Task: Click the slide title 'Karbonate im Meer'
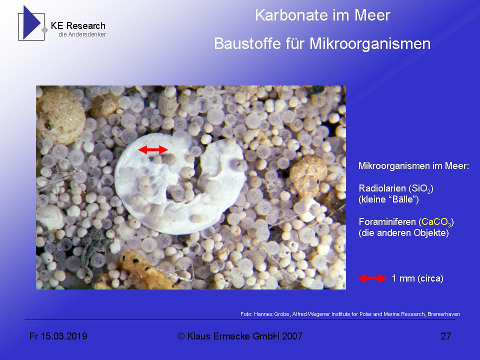322,15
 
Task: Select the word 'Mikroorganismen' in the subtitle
370,44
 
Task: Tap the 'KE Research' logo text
78,26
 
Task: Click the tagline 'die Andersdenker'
82,34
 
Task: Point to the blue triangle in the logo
31,22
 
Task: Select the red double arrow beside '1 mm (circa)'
372,278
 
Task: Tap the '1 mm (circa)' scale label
417,278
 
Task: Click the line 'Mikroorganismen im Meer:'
413,165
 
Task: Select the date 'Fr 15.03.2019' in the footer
58,336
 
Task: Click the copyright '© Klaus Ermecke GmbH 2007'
240,336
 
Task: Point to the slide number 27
445,336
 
